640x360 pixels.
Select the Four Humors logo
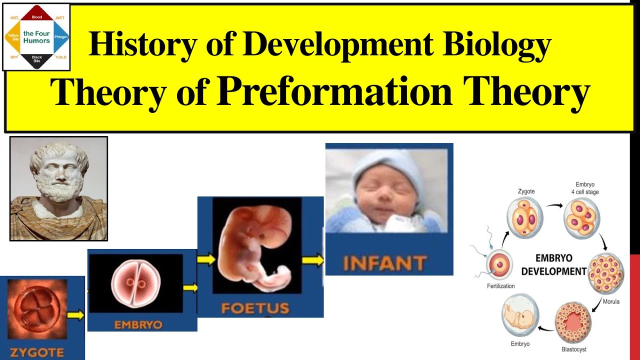pos(36,37)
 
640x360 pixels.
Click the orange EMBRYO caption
pos(138,325)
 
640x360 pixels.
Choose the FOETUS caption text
pos(255,307)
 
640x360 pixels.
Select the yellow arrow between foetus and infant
pos(313,260)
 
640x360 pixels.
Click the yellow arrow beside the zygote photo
pos(75,315)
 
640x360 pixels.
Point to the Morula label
pos(611,301)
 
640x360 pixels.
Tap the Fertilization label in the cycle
pos(500,286)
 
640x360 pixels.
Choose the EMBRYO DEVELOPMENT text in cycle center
pos(553,265)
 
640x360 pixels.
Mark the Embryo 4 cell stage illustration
pos(581,216)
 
